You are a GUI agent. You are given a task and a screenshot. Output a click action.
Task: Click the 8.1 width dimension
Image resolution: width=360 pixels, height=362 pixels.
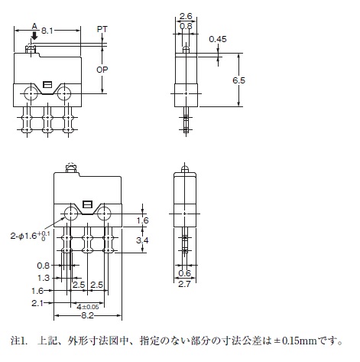point(47,31)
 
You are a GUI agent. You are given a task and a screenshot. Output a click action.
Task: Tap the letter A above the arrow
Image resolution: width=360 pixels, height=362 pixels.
point(34,26)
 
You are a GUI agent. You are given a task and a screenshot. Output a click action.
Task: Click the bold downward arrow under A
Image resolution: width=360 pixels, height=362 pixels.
point(34,35)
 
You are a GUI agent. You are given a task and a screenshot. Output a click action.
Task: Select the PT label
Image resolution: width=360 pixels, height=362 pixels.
point(102,29)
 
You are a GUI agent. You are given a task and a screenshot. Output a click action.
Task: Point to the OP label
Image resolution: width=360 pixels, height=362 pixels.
point(102,70)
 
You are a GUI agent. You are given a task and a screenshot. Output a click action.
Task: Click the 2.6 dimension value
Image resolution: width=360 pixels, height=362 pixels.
point(186,16)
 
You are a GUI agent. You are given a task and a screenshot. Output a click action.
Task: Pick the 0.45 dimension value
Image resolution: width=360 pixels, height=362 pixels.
point(218,39)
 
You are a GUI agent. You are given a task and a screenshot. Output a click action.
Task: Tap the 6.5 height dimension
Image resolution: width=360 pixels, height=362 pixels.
point(238,80)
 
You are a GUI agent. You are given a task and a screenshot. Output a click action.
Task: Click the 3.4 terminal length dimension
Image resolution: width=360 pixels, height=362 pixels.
point(142,240)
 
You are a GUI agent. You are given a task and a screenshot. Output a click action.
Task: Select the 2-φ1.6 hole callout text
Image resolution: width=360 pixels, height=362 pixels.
point(31,236)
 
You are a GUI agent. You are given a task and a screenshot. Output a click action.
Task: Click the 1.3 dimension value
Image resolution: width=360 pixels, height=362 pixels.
point(44,278)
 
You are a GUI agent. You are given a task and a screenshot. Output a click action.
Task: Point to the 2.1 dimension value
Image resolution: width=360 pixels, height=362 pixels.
point(37,303)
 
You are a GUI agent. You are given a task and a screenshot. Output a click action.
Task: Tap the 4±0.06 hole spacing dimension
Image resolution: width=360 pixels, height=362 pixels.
point(88,307)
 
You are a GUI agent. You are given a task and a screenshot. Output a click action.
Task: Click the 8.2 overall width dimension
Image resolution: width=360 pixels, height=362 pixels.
point(87,315)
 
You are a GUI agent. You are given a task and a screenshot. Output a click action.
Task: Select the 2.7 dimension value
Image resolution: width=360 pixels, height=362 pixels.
point(184,284)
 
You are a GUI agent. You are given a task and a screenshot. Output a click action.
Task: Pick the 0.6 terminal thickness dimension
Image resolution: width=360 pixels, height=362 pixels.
point(184,273)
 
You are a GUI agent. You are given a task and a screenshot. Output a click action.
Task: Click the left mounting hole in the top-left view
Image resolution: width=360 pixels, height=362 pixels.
point(31,93)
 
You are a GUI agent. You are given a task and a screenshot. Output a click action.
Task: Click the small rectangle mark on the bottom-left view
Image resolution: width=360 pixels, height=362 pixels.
point(87,204)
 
